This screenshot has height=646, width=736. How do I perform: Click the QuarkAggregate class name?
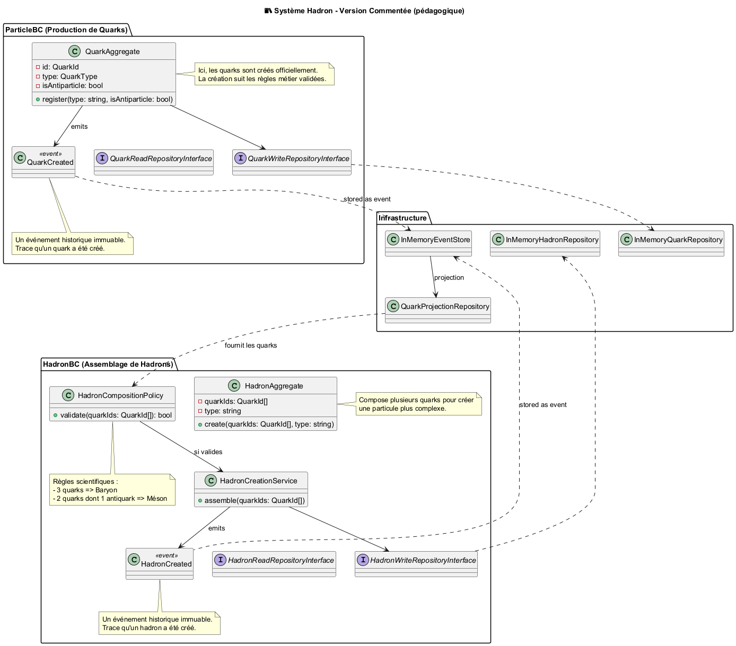(112, 51)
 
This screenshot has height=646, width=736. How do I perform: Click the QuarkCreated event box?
(43, 162)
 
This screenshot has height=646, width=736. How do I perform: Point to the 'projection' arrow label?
(449, 278)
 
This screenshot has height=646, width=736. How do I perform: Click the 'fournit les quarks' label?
(251, 346)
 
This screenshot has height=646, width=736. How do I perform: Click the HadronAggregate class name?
(274, 386)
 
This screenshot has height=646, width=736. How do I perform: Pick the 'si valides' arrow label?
(208, 452)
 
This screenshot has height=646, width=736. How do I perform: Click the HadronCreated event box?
(160, 564)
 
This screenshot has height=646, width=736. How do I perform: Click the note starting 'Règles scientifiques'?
(112, 490)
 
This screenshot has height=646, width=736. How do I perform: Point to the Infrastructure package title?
(403, 218)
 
